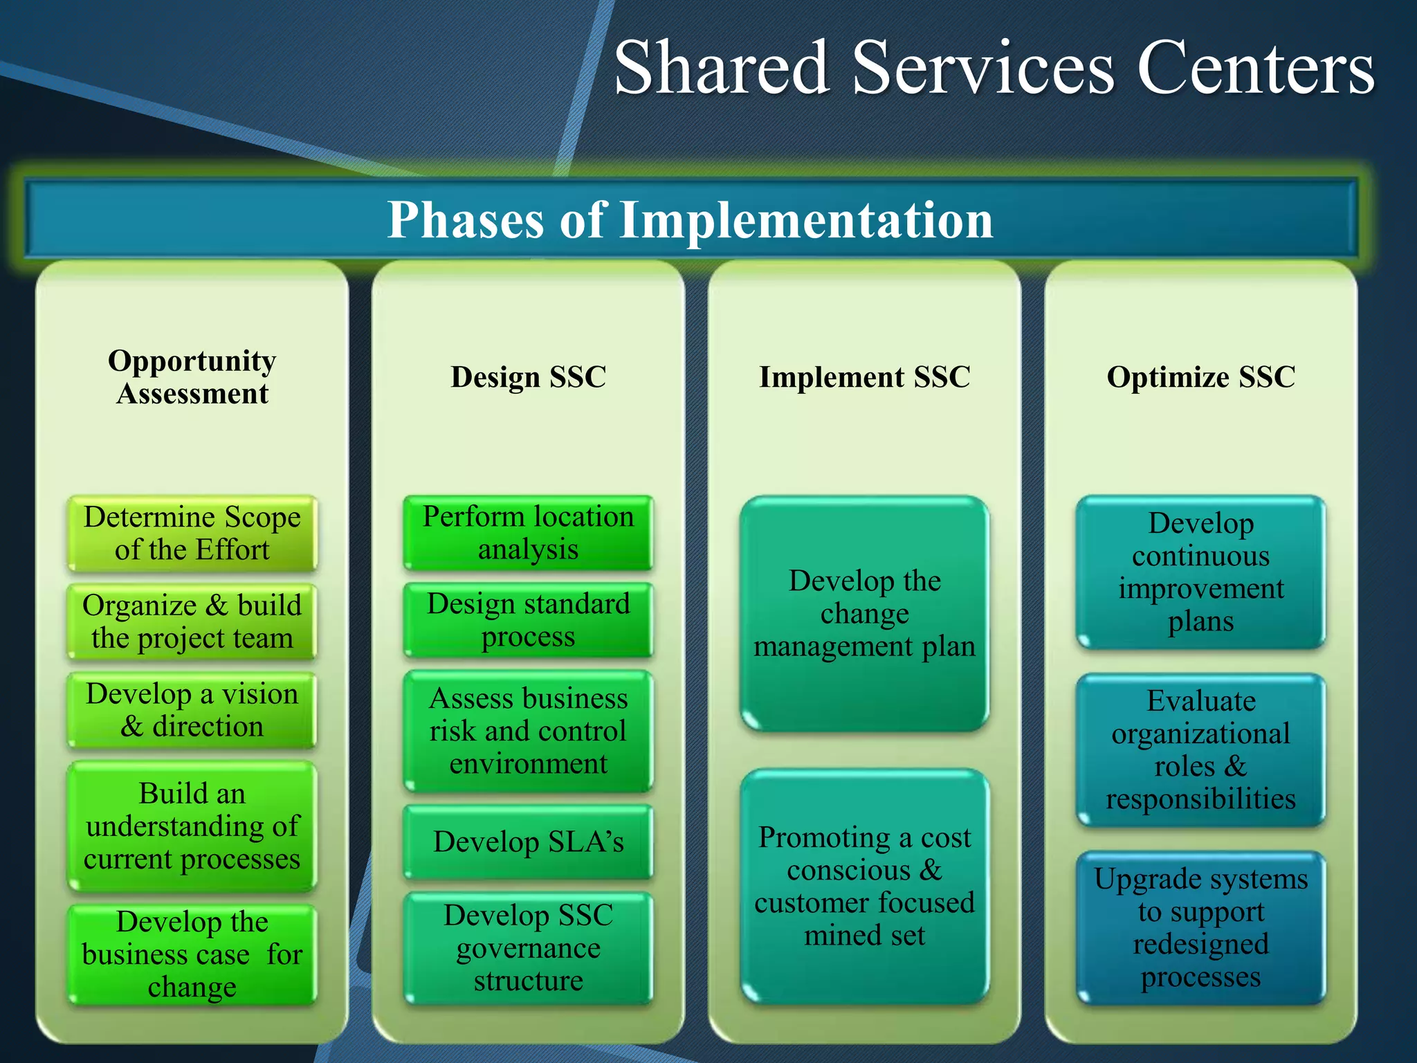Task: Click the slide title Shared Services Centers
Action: [x=994, y=67]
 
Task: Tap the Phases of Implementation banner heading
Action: [x=690, y=219]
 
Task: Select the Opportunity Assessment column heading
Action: [x=192, y=377]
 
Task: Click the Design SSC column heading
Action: [x=528, y=377]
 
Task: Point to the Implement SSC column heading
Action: [x=864, y=377]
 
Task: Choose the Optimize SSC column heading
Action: [x=1200, y=377]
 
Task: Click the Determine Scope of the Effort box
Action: [x=192, y=533]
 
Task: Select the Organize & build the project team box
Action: [x=192, y=621]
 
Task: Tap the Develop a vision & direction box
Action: [x=192, y=710]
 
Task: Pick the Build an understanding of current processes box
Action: [x=192, y=826]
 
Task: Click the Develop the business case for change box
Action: [x=192, y=954]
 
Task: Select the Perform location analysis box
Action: [x=528, y=533]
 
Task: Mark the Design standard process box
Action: [x=528, y=620]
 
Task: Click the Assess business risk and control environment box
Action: [x=528, y=731]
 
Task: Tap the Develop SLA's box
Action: [x=528, y=842]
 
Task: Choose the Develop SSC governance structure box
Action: [x=528, y=947]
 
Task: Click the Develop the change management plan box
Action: [x=864, y=613]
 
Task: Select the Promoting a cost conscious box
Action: [x=864, y=886]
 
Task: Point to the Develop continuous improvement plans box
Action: [x=1200, y=572]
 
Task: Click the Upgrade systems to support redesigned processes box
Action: [x=1200, y=927]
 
